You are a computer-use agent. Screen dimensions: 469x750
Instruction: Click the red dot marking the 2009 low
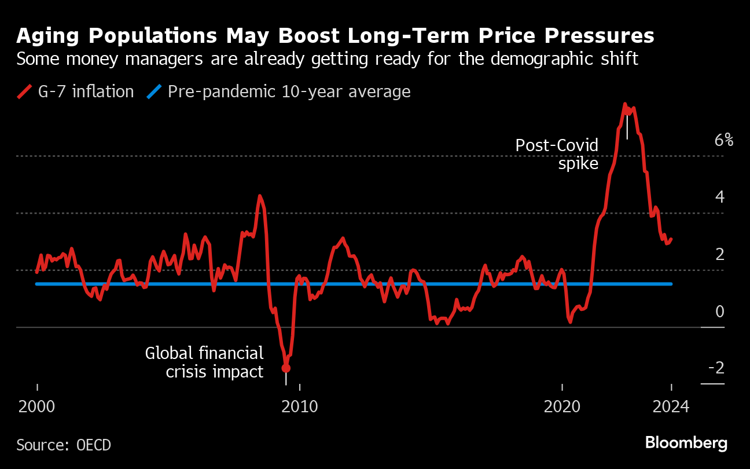pos(285,368)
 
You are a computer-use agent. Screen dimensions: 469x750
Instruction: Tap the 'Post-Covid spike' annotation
pos(557,154)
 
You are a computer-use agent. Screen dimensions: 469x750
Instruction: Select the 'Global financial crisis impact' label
pos(204,362)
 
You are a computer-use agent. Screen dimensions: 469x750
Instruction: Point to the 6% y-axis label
pos(723,140)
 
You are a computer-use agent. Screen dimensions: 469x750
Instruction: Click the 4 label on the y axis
pos(720,197)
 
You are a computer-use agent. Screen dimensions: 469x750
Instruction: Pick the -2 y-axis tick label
pos(716,368)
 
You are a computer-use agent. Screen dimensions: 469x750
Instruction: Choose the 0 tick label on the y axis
pos(720,312)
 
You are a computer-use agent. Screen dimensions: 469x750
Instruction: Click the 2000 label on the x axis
pos(37,406)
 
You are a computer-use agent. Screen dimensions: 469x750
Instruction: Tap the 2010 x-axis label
pos(300,406)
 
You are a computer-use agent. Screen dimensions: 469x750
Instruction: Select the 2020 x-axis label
pos(562,406)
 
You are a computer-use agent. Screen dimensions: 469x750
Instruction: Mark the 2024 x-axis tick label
pos(671,406)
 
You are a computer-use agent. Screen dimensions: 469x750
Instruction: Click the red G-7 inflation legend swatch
pos(24,91)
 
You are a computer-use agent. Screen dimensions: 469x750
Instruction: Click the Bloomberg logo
pos(686,444)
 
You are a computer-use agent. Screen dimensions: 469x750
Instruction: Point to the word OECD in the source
pos(94,445)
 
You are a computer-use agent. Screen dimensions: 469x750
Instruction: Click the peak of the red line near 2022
pos(625,105)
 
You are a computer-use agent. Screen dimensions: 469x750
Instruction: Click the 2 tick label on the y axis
pos(720,254)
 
